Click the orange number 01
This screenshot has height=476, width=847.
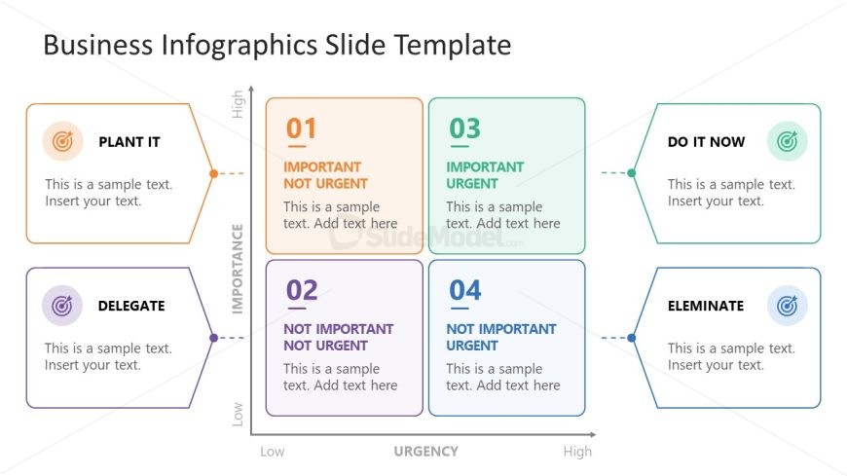(x=301, y=128)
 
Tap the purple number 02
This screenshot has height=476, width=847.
(x=302, y=290)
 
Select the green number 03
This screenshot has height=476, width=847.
(x=464, y=128)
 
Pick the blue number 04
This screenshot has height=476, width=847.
(x=465, y=290)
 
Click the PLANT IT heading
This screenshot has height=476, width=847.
(x=129, y=142)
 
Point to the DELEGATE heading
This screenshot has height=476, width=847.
(x=131, y=306)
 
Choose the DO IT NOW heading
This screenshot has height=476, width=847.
(x=706, y=142)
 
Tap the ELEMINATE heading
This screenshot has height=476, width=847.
(x=706, y=306)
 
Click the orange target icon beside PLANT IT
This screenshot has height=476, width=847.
(x=62, y=141)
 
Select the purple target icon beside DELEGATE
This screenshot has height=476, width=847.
(x=62, y=306)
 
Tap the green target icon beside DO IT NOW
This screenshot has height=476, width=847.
(x=787, y=141)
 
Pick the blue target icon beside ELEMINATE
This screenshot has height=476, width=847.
(x=787, y=306)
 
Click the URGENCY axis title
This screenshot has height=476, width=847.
(x=425, y=451)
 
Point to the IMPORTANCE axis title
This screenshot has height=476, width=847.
(x=238, y=269)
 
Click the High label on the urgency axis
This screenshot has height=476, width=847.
(x=577, y=451)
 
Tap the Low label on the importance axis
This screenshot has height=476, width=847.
(x=238, y=414)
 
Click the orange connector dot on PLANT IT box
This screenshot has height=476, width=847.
(x=214, y=173)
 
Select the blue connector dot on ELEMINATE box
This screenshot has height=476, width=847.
(x=632, y=338)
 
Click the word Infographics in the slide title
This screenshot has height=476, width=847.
(x=239, y=45)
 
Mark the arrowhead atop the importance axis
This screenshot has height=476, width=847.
(x=251, y=88)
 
